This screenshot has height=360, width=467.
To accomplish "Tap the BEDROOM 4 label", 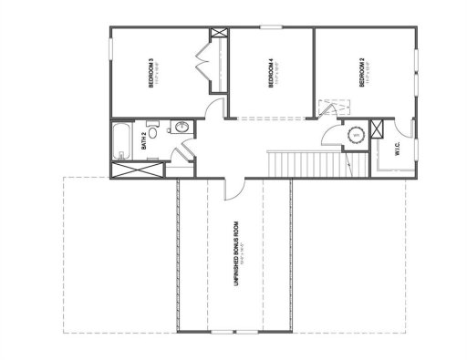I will [271, 73].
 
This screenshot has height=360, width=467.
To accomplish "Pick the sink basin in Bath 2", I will [181, 127].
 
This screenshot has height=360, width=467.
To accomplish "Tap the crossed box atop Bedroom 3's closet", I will [219, 36].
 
